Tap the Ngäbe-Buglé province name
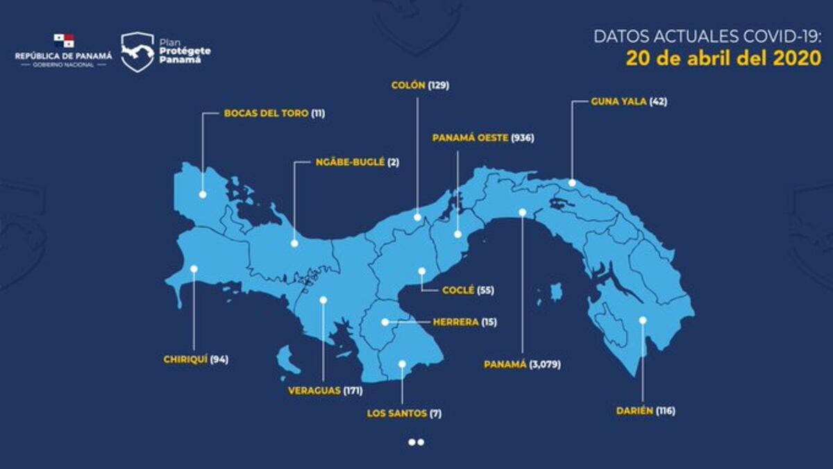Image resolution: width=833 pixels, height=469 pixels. coord(350,162)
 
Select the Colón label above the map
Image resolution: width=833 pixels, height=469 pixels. coord(409,86)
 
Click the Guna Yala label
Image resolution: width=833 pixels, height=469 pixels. coord(619,101)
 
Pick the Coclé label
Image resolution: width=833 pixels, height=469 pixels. coord(458,290)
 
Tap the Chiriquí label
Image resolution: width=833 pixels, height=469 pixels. coord(184,359)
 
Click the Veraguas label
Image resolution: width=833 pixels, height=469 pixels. coord(314,391)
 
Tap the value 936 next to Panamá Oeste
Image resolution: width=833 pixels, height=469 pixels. coord(522,138)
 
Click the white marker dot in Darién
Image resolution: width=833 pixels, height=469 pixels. coord(643,320)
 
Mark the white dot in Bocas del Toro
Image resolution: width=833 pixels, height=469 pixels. coord(203,194)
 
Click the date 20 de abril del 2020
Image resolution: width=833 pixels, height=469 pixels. coord(723,58)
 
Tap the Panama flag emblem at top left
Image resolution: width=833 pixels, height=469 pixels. coord(64,41)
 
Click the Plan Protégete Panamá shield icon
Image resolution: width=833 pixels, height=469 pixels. coord(137,52)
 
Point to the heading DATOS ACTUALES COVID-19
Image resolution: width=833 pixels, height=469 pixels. coord(707,36)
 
